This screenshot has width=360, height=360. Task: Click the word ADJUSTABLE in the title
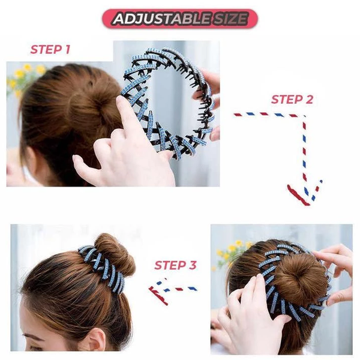[x=159, y=19]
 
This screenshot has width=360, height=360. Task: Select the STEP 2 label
[x=292, y=100]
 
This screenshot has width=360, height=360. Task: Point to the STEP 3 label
[x=175, y=265]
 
